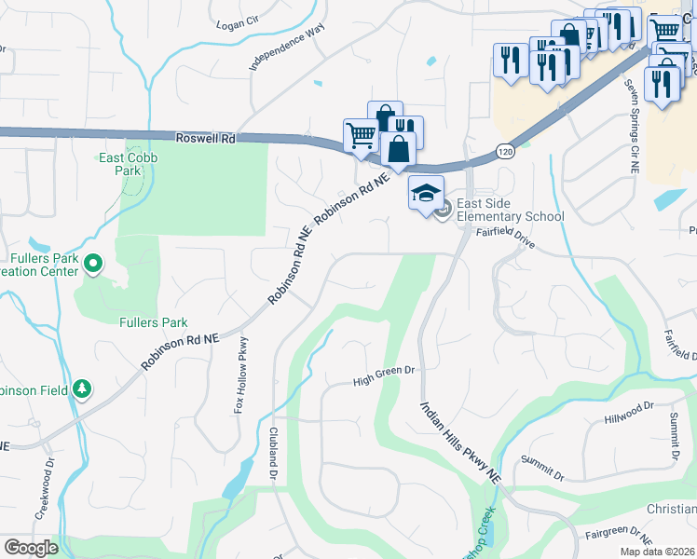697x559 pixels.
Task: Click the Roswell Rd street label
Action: click(205, 138)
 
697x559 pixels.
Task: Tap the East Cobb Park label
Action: click(128, 164)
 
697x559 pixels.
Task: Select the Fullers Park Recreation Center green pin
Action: click(92, 265)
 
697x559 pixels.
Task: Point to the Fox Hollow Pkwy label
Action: click(239, 375)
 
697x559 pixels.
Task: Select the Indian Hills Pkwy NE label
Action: click(460, 443)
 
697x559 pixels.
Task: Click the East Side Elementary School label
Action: click(510, 211)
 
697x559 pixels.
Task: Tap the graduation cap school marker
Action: click(425, 193)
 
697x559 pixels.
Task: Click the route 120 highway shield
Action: click(504, 151)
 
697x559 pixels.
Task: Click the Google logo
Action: click(31, 548)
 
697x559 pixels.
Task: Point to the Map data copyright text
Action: click(657, 552)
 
